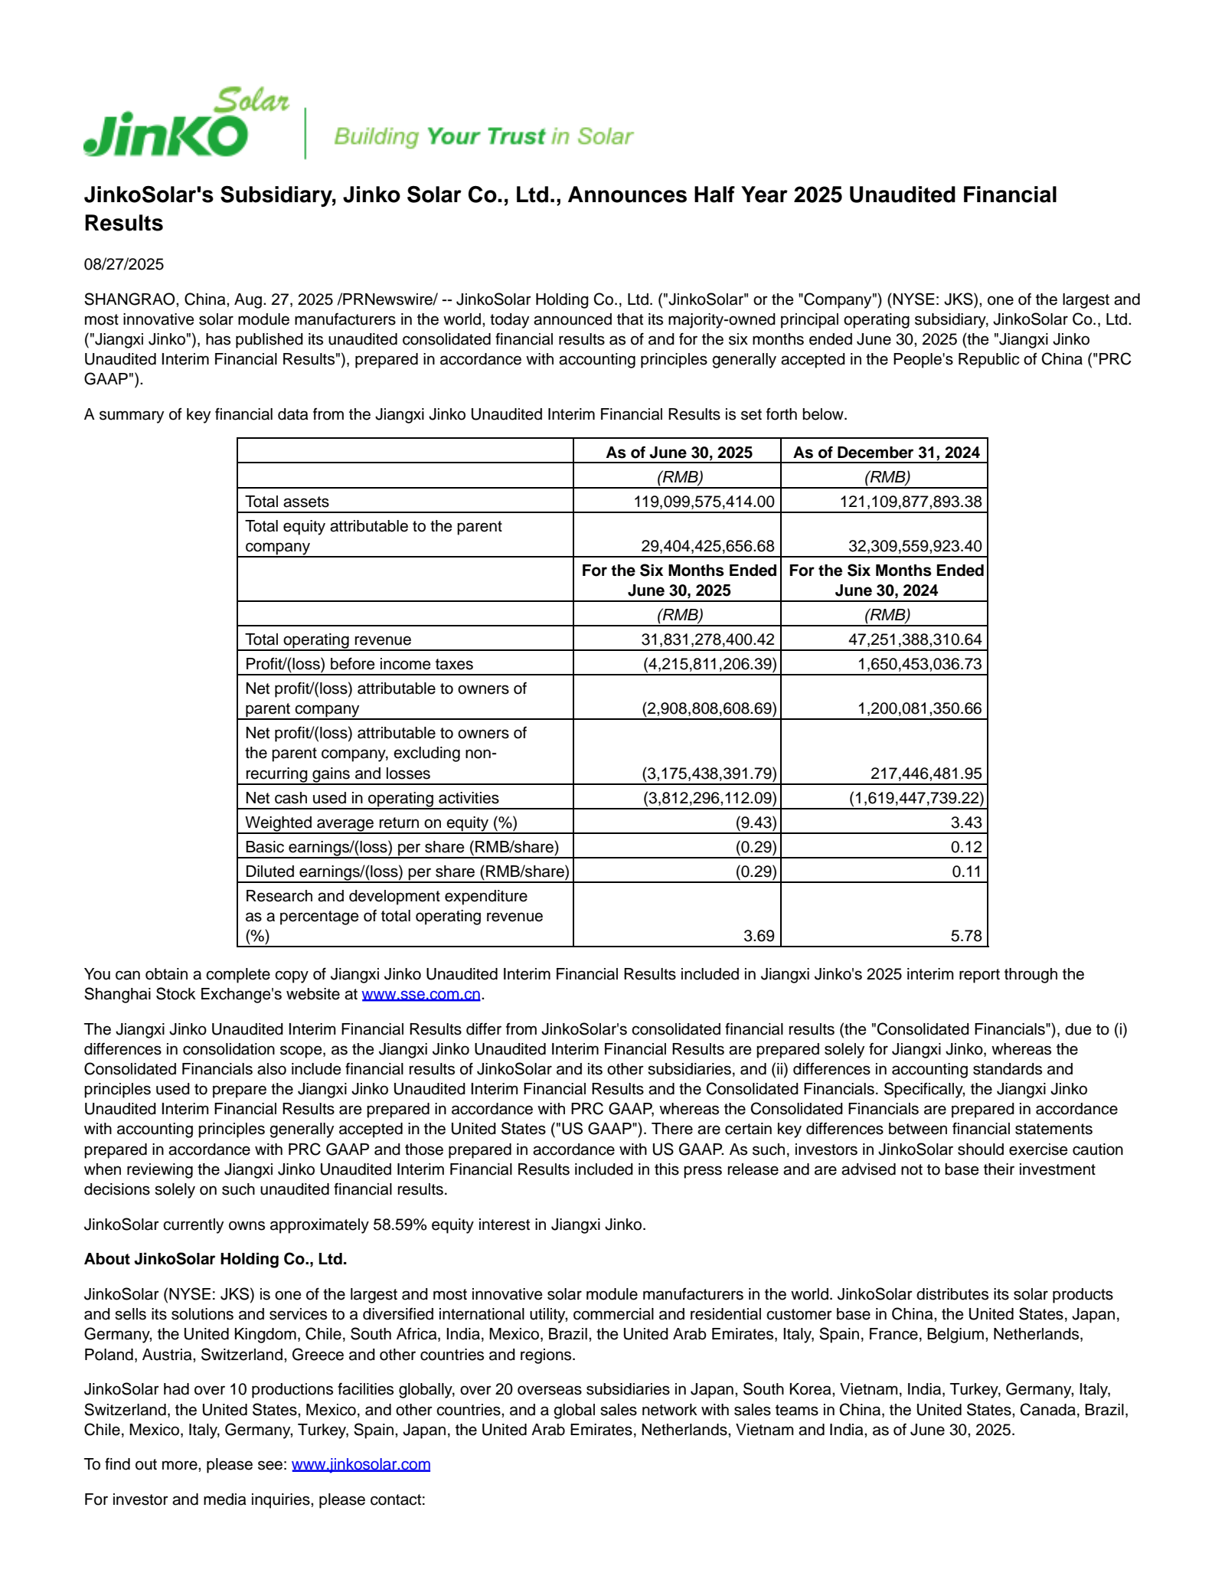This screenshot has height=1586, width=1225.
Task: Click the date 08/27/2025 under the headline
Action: pos(123,264)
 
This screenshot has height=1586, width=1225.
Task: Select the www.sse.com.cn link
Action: pos(421,994)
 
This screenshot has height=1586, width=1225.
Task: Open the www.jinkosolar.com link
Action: pos(361,1464)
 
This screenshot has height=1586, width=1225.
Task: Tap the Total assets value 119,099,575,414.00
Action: pos(704,502)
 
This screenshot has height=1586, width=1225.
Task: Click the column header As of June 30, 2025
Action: pos(678,453)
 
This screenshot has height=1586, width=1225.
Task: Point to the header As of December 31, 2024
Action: pos(886,453)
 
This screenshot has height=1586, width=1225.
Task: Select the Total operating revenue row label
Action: pos(328,639)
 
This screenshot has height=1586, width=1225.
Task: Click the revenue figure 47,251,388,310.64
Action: pos(914,639)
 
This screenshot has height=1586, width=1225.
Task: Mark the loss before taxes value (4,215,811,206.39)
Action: pos(709,664)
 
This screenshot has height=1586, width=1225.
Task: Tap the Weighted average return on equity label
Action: pos(381,822)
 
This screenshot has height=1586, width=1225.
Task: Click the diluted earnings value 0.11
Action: pos(966,871)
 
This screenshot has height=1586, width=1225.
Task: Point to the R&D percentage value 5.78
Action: pos(966,936)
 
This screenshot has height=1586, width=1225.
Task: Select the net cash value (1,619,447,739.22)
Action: pos(916,798)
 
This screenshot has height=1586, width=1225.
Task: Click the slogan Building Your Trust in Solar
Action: pos(483,136)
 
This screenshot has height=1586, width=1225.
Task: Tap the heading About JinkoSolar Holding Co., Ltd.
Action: pos(215,1259)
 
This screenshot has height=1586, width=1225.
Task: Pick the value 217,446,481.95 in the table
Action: pos(926,773)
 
